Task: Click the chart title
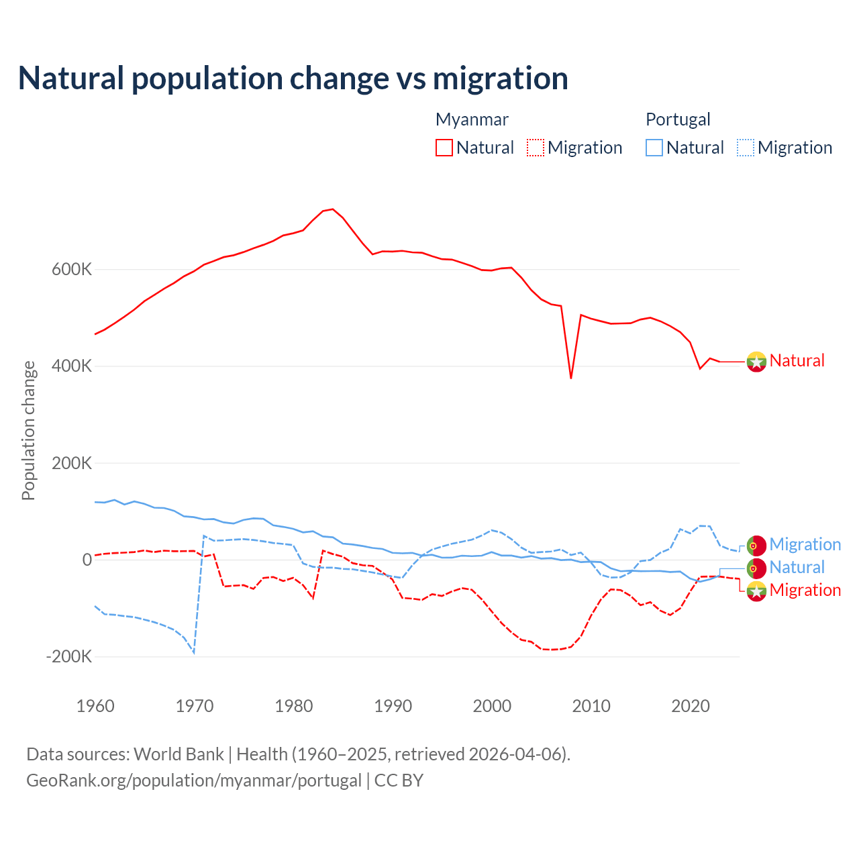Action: coord(293,79)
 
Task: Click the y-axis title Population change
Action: coord(28,430)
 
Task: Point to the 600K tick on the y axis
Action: coord(72,270)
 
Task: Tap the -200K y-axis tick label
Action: coord(68,656)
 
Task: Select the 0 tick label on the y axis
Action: coord(87,560)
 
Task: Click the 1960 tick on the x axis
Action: coord(95,706)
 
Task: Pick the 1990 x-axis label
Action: coord(393,706)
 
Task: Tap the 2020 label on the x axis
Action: coord(691,706)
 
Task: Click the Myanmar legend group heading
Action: coord(472,119)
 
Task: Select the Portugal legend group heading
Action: coord(678,119)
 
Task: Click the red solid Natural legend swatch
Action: coord(444,148)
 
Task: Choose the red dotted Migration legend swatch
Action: coord(536,148)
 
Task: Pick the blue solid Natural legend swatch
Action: coord(654,148)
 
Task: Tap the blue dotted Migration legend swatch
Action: coord(746,148)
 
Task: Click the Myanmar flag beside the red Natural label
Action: coord(756,361)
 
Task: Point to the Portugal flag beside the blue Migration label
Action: coord(756,545)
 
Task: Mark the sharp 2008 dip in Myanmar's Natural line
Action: coord(571,378)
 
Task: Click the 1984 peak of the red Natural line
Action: coord(333,209)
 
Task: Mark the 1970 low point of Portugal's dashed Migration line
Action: coord(194,652)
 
